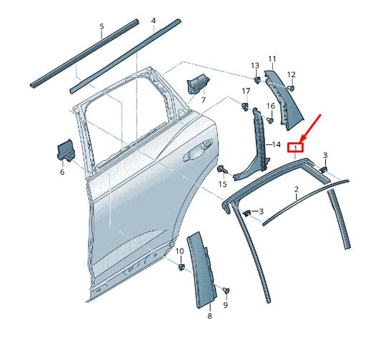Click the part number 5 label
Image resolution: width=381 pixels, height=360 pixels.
pos(101,27)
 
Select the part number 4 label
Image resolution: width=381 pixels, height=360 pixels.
pos(153,21)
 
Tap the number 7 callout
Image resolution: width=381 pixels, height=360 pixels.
pos(202,100)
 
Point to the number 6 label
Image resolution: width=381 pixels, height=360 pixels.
pos(61,171)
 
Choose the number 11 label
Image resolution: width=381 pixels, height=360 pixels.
pos(272,58)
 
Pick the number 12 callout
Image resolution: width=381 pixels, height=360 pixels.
pos(291,74)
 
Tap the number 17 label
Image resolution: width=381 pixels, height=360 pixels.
pos(245,91)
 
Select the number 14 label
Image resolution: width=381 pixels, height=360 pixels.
pos(276,144)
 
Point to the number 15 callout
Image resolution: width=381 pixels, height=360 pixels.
pos(222,184)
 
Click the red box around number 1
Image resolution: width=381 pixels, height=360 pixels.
pos(295,148)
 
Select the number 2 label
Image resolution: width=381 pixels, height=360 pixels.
pos(296,190)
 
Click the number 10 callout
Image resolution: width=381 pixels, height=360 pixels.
pos(179,251)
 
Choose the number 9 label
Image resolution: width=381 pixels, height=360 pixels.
pos(225,305)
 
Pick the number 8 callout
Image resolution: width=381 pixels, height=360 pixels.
pos(209,315)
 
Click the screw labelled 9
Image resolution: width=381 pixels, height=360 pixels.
pos(226,289)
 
